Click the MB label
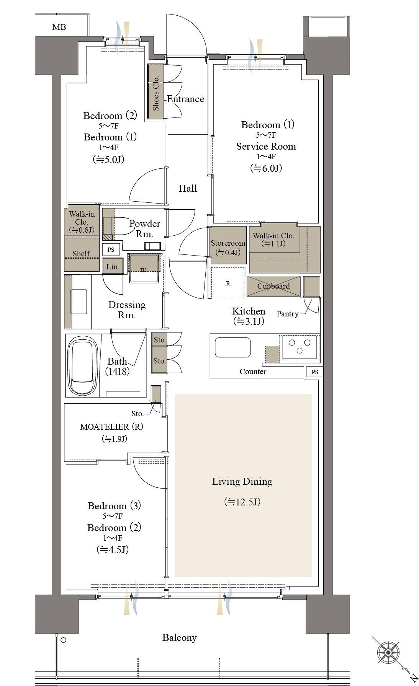pyautogui.click(x=59, y=27)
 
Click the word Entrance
pyautogui.click(x=185, y=99)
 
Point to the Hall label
pyautogui.click(x=188, y=188)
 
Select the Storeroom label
pyautogui.click(x=228, y=243)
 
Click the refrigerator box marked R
pyautogui.click(x=228, y=283)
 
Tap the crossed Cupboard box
pyautogui.click(x=273, y=286)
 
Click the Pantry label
pyautogui.click(x=288, y=314)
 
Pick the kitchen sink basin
pyautogui.click(x=233, y=347)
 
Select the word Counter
pyautogui.click(x=253, y=372)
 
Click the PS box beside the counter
pyautogui.click(x=315, y=372)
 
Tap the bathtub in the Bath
pyautogui.click(x=82, y=365)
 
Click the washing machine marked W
pyautogui.click(x=144, y=268)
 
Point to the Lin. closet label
pyautogui.click(x=113, y=267)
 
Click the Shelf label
pyautogui.click(x=81, y=254)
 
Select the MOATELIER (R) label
pyautogui.click(x=111, y=427)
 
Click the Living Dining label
pyautogui.click(x=242, y=482)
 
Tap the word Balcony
pyautogui.click(x=179, y=638)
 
